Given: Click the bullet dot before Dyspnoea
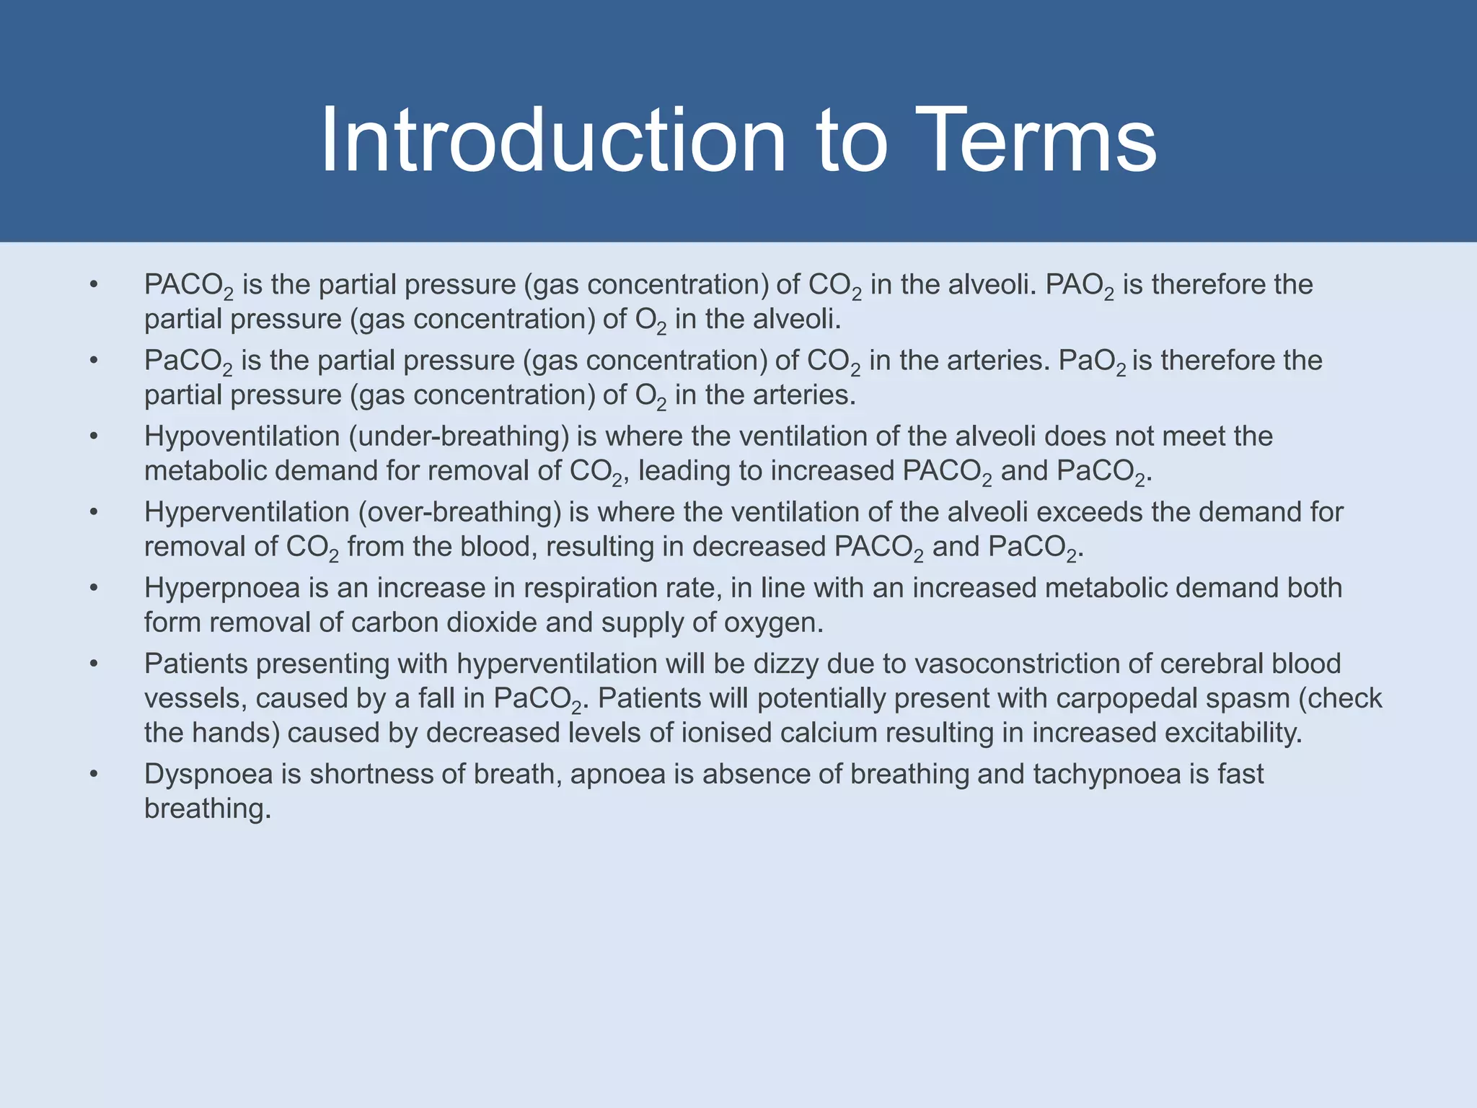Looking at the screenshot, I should [x=94, y=774].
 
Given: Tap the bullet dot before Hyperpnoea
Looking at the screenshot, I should [x=94, y=588].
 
